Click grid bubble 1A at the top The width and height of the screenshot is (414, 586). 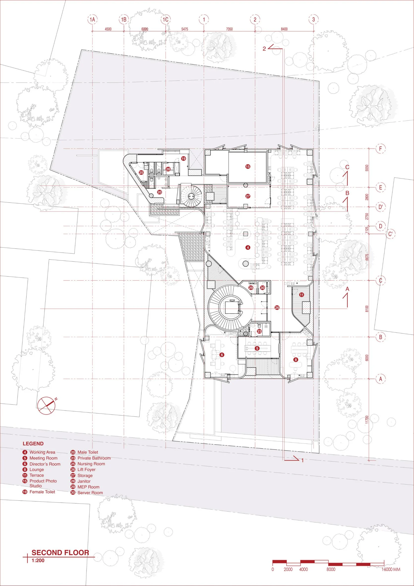pyautogui.click(x=92, y=19)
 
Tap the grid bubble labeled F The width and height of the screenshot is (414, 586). pyautogui.click(x=381, y=148)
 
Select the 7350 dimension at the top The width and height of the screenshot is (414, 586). pyautogui.click(x=229, y=29)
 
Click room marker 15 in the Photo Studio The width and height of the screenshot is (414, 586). pyautogui.click(x=248, y=167)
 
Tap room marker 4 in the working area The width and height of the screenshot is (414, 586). pyautogui.click(x=248, y=247)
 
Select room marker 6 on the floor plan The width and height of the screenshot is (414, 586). pyautogui.click(x=222, y=355)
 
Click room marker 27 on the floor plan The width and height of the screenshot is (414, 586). pyautogui.click(x=248, y=196)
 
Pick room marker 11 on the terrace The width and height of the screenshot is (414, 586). pyautogui.click(x=302, y=295)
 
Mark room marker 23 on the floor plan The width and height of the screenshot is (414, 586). pyautogui.click(x=259, y=331)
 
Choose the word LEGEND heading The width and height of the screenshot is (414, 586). pyautogui.click(x=33, y=443)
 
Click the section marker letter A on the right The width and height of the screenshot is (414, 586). pyautogui.click(x=347, y=289)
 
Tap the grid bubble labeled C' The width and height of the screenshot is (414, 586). pyautogui.click(x=390, y=234)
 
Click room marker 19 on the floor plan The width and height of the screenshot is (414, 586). pyautogui.click(x=183, y=158)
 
